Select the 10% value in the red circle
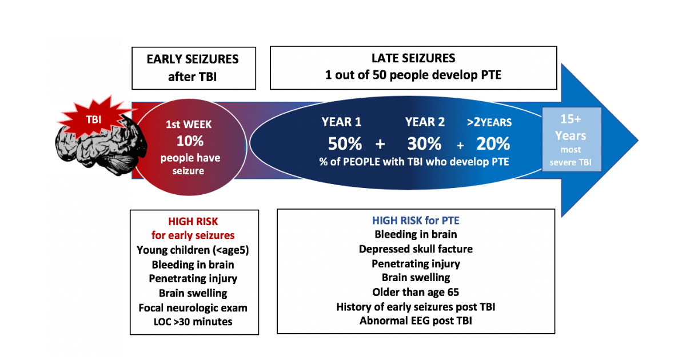click(x=190, y=141)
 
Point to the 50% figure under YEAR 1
click(x=345, y=143)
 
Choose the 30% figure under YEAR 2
click(x=424, y=143)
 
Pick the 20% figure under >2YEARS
click(x=493, y=143)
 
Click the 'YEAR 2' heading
click(x=424, y=122)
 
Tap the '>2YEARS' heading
click(x=489, y=122)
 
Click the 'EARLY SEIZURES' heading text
click(x=193, y=59)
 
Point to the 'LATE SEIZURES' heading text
click(x=413, y=58)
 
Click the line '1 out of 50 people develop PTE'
click(x=413, y=75)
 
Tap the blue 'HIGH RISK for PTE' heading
click(x=416, y=221)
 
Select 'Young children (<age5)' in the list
click(x=193, y=250)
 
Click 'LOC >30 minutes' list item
click(x=193, y=322)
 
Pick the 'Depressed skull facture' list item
click(x=416, y=249)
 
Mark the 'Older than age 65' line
click(x=416, y=292)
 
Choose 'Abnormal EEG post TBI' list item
click(x=416, y=321)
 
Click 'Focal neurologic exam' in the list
click(x=193, y=307)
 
